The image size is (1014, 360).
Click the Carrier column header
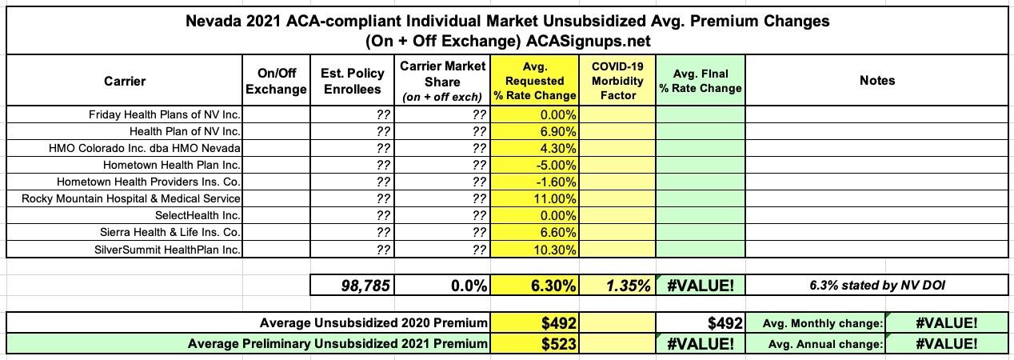125,81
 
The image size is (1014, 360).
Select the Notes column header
877,81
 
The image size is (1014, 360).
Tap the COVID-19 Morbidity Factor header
618,81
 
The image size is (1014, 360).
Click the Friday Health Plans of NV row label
165,114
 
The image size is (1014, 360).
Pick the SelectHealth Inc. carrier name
198,215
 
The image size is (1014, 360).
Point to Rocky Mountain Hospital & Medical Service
131,198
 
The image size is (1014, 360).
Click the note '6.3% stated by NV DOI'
877,286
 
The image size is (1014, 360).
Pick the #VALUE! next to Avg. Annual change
948,344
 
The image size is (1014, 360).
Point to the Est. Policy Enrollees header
353,81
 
